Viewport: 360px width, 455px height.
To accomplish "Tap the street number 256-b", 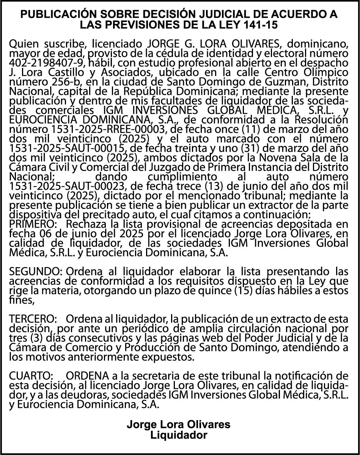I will click(x=52, y=82).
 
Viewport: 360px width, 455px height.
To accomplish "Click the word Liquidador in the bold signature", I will click(x=179, y=435).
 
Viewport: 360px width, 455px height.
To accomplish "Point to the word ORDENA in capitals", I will click(x=87, y=376).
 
